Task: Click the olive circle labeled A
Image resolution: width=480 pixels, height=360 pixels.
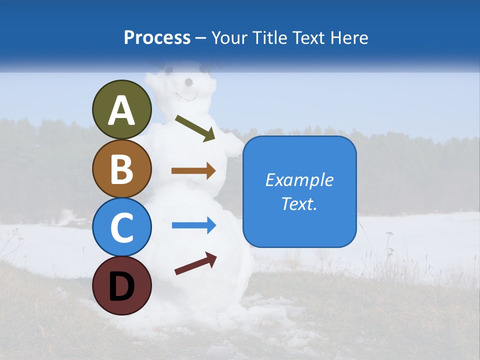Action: [x=121, y=109]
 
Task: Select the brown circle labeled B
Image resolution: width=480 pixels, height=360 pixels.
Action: [x=121, y=168]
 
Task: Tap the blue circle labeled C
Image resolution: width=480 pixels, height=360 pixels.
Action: [x=121, y=227]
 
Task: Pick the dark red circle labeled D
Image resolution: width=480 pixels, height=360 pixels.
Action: [x=121, y=285]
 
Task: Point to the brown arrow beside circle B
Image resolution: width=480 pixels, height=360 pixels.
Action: [x=193, y=171]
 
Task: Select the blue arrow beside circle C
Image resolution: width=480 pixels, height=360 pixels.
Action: [x=193, y=225]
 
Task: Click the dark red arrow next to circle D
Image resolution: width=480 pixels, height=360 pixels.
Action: [x=195, y=263]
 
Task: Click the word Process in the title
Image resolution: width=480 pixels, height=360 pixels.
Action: [x=157, y=37]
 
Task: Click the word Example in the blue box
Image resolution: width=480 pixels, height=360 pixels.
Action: [x=299, y=180]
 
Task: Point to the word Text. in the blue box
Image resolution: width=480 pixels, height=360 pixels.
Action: [x=299, y=203]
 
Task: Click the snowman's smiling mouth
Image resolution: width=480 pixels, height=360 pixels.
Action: [x=186, y=96]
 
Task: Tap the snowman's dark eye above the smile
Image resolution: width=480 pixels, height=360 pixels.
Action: [x=188, y=81]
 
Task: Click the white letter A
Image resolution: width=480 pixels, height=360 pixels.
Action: [x=121, y=110]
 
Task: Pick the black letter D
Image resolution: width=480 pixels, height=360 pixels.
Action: [x=121, y=286]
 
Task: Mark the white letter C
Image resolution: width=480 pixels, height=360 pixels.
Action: [x=121, y=227]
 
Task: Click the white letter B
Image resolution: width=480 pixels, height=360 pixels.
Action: [x=121, y=169]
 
